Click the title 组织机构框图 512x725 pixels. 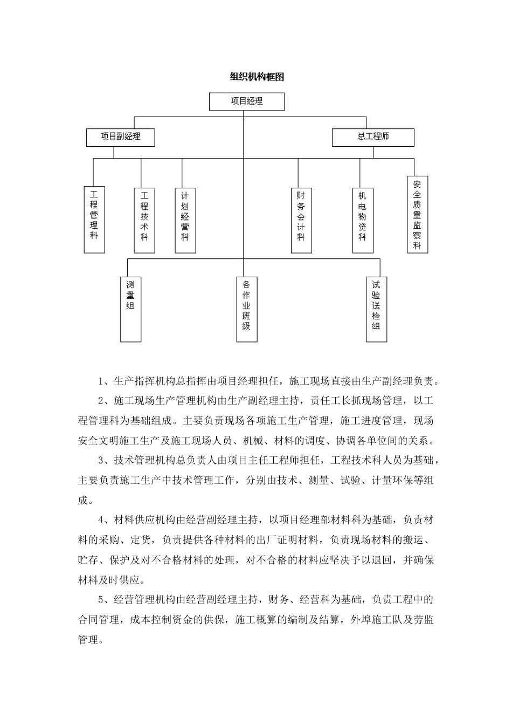[256, 77]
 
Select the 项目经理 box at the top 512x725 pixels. [247, 101]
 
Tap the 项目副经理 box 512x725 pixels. [121, 137]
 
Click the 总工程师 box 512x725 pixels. [373, 137]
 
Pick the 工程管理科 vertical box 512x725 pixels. [94, 220]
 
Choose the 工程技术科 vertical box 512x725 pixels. [144, 220]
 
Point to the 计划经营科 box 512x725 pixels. [185, 220]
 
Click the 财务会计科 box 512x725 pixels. [301, 220]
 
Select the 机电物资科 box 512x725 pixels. [363, 220]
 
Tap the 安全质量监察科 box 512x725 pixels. [417, 214]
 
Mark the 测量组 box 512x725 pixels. [130, 308]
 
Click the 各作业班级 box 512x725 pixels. [246, 308]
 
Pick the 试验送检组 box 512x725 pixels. [376, 308]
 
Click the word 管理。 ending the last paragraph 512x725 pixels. [91, 640]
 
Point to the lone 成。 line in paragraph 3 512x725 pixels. [85, 501]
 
